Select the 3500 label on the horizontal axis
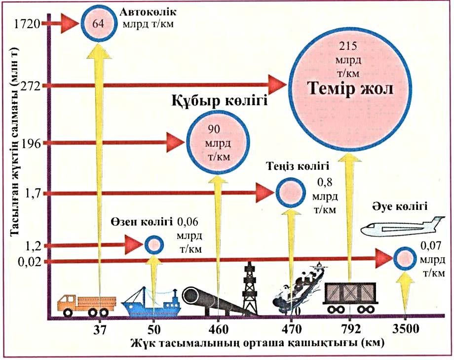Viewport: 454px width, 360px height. click(405, 329)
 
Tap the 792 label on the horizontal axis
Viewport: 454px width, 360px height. click(351, 329)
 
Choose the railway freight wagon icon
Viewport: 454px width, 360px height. click(351, 297)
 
